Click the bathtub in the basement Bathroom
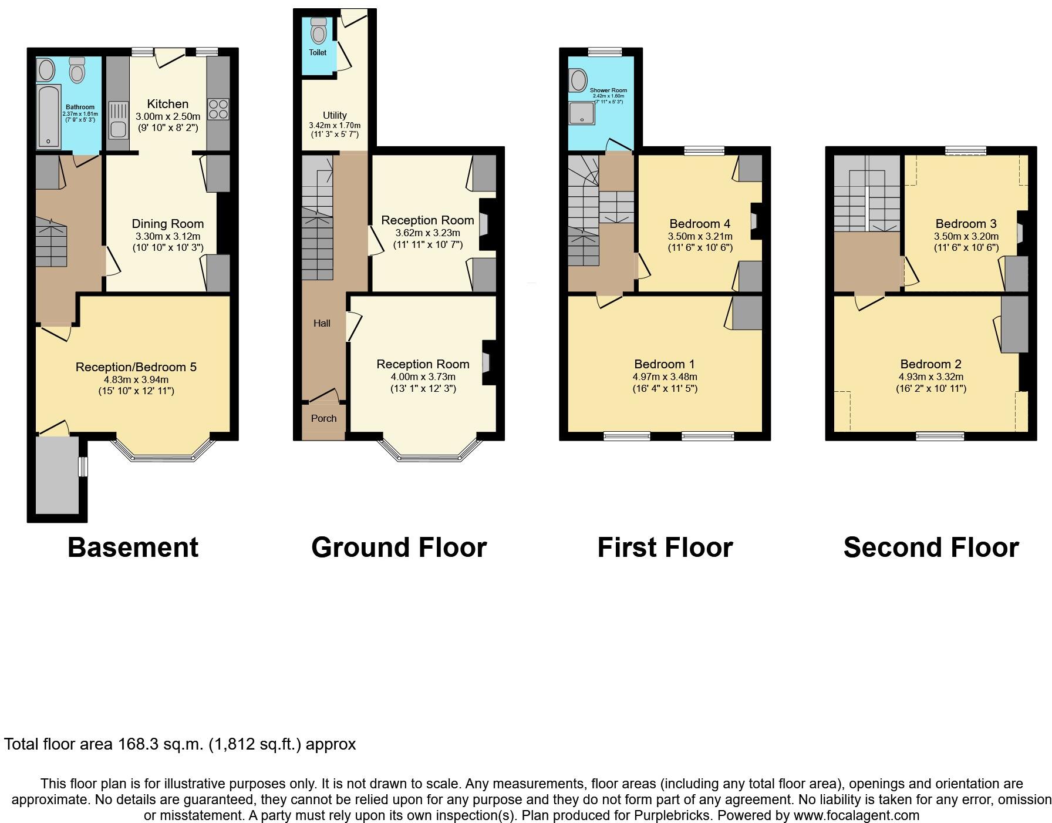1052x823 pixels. point(48,116)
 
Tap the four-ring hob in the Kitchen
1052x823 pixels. point(218,110)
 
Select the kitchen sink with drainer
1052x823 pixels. point(118,120)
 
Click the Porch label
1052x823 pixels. point(323,418)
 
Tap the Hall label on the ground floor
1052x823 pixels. point(322,323)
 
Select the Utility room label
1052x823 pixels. point(335,115)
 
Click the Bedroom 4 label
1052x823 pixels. point(700,224)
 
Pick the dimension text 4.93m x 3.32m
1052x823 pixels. point(930,377)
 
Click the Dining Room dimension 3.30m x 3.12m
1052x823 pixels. point(167,236)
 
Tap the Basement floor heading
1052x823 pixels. point(133,547)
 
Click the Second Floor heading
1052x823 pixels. point(930,547)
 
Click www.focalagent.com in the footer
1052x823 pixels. point(856,815)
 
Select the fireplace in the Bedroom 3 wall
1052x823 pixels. point(1020,233)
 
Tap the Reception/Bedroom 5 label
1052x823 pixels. point(136,367)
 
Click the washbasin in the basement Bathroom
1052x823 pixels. point(46,70)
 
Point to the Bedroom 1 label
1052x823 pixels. point(665,364)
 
